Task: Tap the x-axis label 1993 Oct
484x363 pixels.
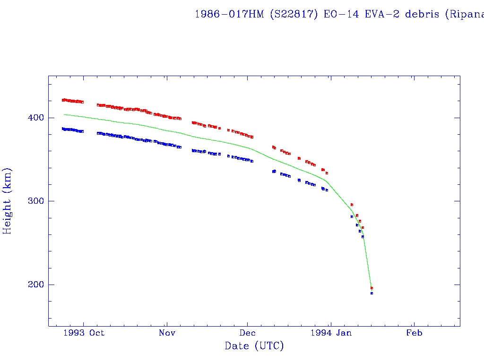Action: (83, 333)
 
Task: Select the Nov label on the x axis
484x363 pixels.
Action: (167, 333)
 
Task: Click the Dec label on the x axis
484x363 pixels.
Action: (248, 333)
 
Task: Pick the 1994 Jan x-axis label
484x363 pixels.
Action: (331, 333)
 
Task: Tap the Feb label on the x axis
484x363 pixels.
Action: (415, 333)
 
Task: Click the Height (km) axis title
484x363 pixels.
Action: (8, 201)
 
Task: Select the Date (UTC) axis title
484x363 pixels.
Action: (254, 346)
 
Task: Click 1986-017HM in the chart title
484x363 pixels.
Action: (230, 14)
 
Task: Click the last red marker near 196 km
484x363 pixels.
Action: (372, 288)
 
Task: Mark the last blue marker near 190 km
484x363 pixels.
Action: (372, 294)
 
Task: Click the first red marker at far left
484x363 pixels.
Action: (63, 100)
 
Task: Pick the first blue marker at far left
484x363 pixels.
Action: (63, 129)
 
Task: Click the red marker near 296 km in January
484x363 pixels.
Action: (352, 205)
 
